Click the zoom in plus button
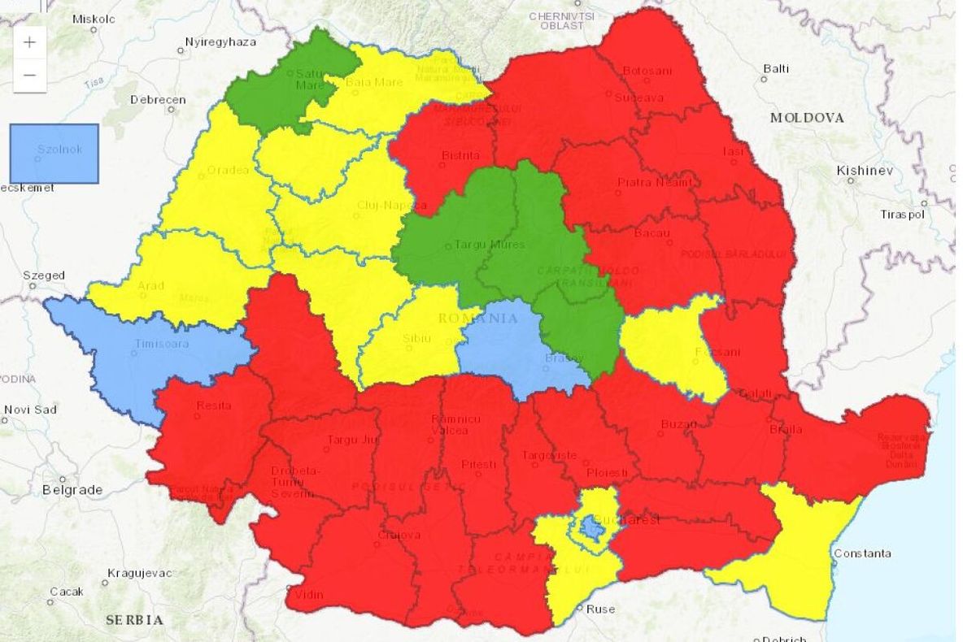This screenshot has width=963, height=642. [29, 42]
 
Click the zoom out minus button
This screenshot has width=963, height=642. [29, 76]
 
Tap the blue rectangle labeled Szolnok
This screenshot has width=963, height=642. [54, 153]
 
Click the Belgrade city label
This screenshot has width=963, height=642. [72, 490]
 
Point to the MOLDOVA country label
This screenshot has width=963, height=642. [807, 118]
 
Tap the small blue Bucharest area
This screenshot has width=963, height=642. [593, 530]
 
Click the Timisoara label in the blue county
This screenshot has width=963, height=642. [162, 344]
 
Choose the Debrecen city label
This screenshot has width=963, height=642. [158, 100]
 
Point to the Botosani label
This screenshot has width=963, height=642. [647, 71]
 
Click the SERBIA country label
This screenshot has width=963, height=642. [134, 619]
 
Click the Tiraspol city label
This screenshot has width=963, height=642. [902, 215]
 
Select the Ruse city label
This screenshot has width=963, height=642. [600, 609]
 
